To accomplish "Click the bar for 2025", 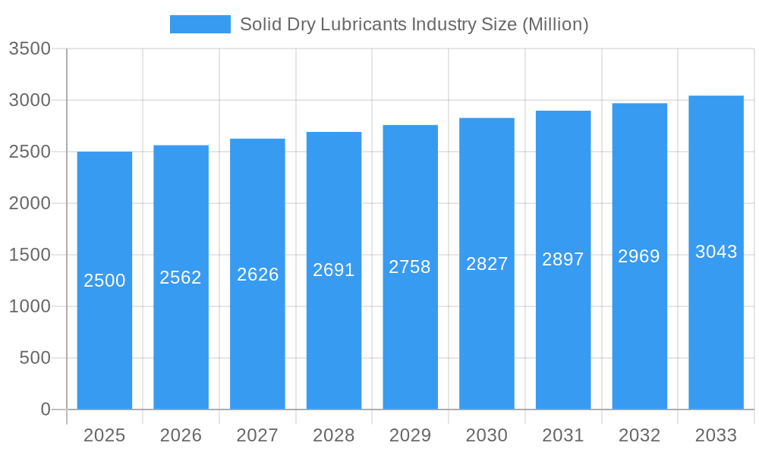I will pos(105,281).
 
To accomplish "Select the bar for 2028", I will pos(334,271).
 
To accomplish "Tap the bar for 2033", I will pos(716,253).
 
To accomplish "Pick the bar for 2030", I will pos(487,264).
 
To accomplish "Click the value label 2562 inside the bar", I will pos(181,278).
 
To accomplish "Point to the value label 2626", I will pos(257,275).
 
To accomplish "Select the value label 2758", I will pos(410,267).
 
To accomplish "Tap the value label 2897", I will pos(563,259).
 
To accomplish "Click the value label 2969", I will pos(639,256).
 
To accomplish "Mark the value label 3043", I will pos(716,252).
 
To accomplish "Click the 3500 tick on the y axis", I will pos(30,49).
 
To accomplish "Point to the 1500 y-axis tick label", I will pos(30,256).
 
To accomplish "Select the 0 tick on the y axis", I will pos(45,409).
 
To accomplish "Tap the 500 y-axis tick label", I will pos(35,358).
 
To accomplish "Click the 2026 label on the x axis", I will pos(181,435).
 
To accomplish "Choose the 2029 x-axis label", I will pos(410,435).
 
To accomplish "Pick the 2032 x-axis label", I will pos(639,435).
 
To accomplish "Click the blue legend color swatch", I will pos(200,24).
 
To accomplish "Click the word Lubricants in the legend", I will pos(364,24).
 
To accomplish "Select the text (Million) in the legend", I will pos(555,24).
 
